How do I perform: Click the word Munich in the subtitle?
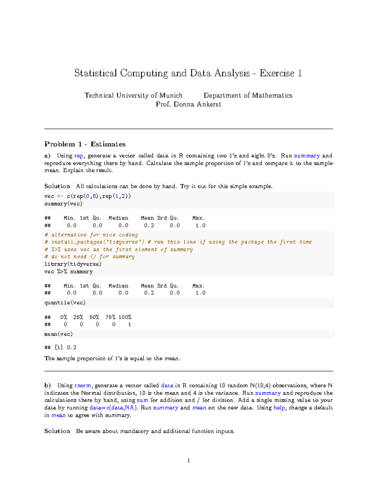tap(171, 95)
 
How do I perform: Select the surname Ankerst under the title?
tap(209, 104)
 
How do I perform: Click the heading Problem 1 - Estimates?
tap(85, 144)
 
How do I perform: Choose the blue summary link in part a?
tap(307, 156)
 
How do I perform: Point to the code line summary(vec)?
tap(63, 204)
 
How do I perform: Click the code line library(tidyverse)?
tap(73, 264)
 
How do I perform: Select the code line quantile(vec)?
tap(65, 303)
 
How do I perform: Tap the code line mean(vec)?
tap(58, 334)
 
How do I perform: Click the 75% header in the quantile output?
tap(110, 317)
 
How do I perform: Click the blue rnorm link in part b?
tap(83, 386)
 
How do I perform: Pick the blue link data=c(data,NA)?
tap(113, 408)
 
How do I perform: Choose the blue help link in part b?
tap(279, 408)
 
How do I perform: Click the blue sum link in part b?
tap(142, 400)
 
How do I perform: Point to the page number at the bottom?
tap(188, 461)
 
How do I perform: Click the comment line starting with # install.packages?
tap(178, 242)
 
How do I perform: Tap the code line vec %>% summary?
tap(68, 271)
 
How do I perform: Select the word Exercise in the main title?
tap(277, 73)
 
